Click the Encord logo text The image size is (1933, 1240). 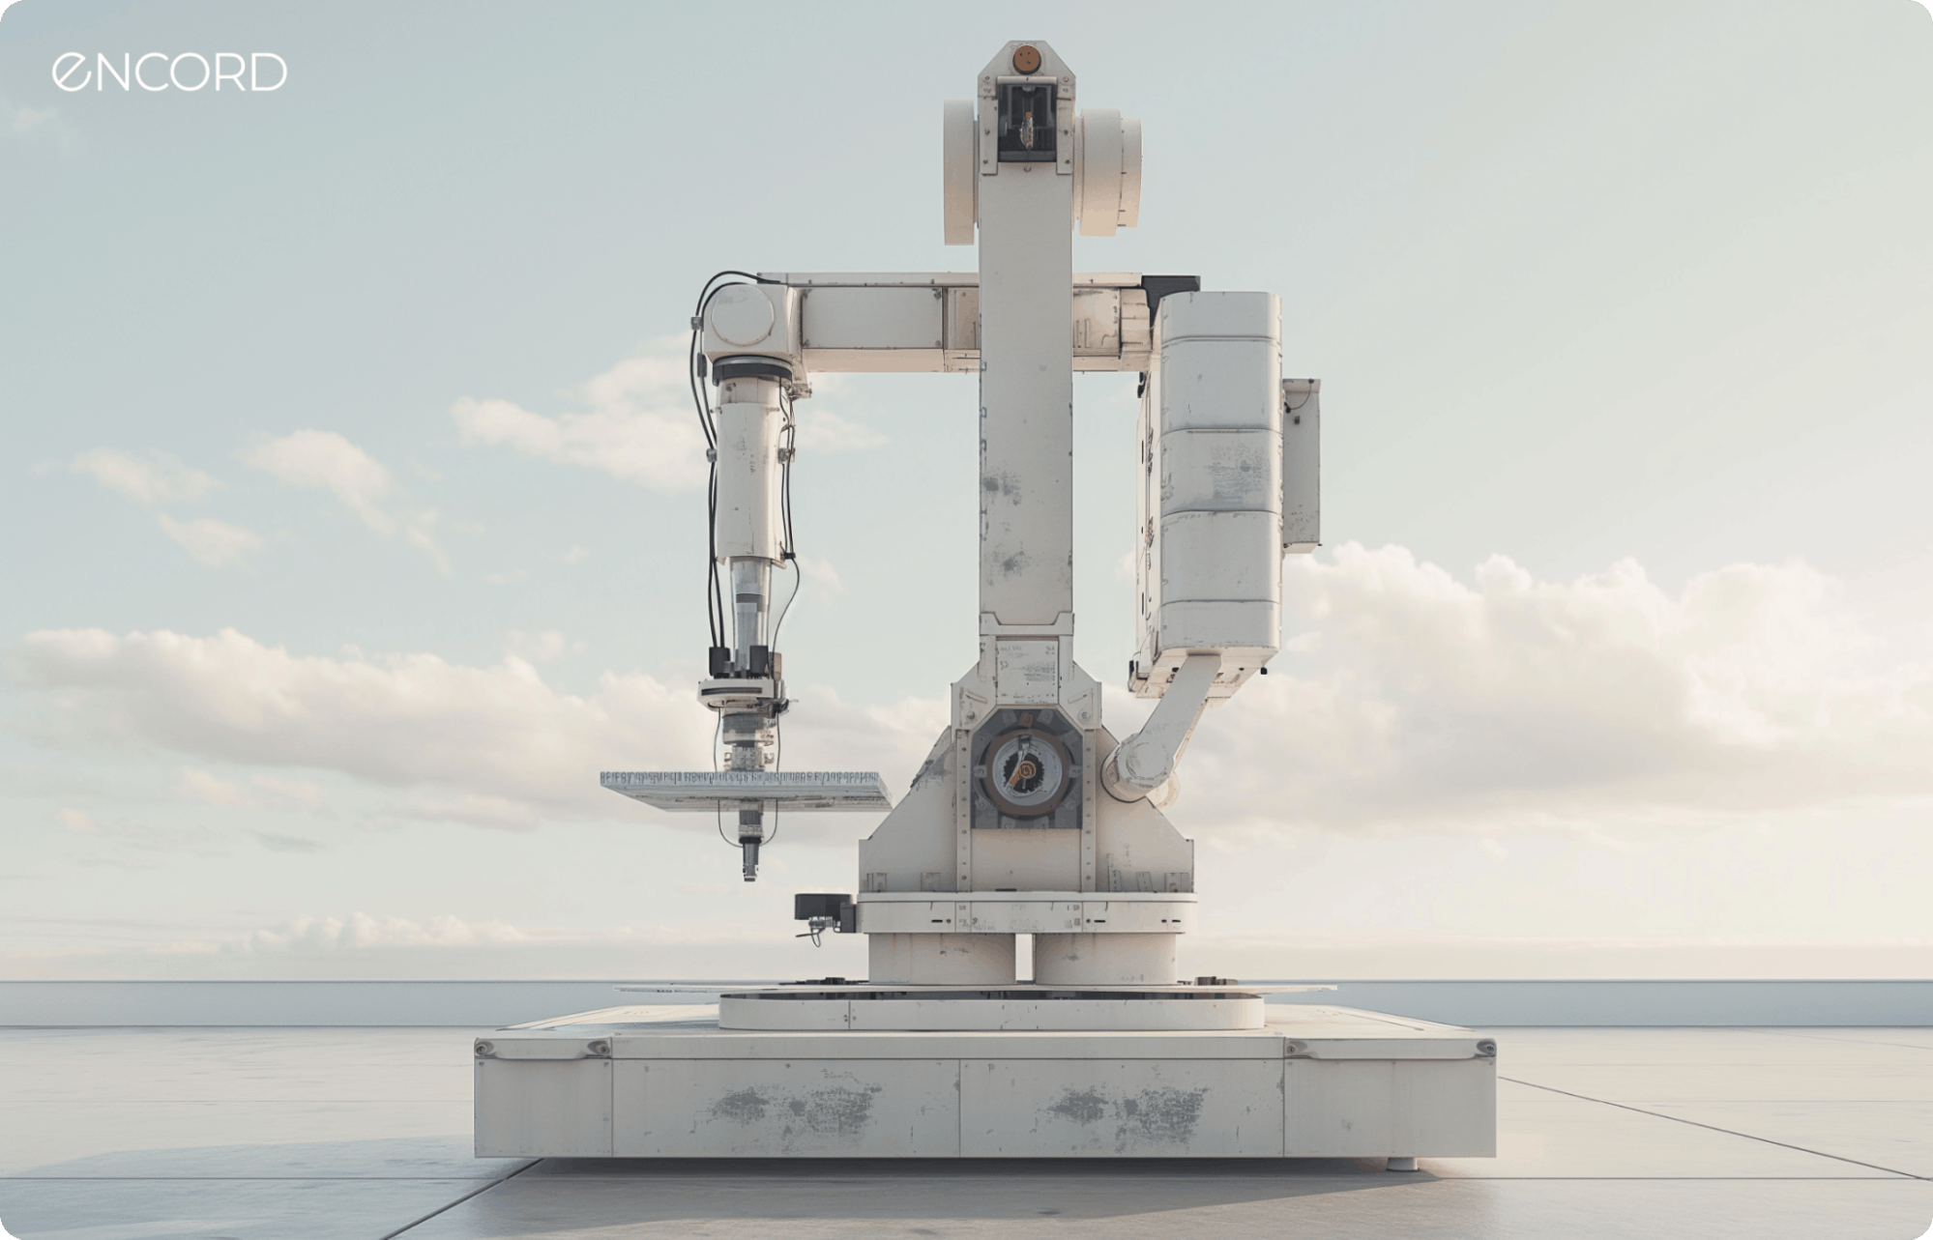169,72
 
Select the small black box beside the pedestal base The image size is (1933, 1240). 822,909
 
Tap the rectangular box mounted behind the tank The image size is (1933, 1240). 1302,462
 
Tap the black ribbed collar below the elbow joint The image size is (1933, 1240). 750,368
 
